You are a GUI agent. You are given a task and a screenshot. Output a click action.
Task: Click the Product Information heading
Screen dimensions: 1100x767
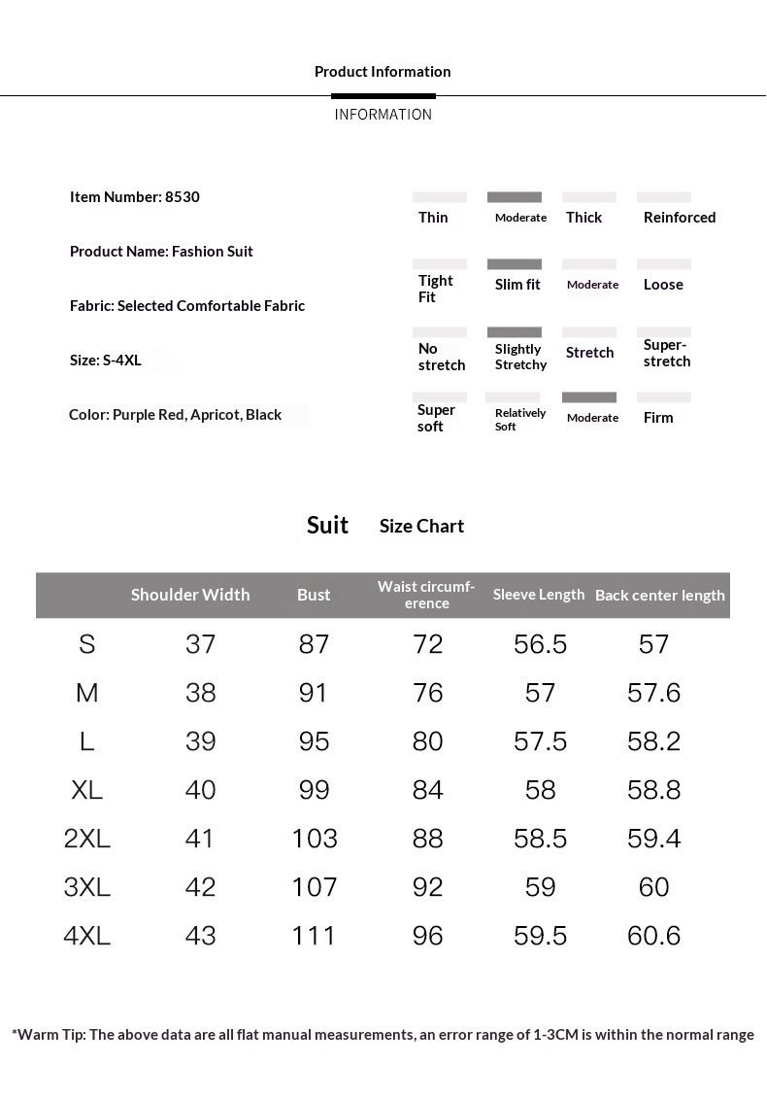(383, 72)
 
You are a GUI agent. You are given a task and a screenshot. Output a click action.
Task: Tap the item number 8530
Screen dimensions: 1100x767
(183, 197)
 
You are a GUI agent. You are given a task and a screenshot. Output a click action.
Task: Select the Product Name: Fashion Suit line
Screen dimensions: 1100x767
(161, 252)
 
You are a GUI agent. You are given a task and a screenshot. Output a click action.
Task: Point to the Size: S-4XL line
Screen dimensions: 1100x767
(106, 361)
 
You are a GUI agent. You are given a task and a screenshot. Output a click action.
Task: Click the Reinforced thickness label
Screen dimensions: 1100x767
(679, 218)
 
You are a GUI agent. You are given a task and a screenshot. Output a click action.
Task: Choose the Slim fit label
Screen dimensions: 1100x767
(517, 285)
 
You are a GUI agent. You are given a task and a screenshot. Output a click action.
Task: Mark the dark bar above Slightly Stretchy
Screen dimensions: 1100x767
(515, 332)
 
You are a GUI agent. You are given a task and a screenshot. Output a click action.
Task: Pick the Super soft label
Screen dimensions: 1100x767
(436, 418)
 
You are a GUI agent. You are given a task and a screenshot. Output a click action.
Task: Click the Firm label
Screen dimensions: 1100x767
(658, 418)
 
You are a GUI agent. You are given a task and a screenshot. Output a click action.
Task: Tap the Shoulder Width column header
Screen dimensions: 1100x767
(190, 595)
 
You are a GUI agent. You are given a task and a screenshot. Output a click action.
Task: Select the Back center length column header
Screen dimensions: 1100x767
(660, 596)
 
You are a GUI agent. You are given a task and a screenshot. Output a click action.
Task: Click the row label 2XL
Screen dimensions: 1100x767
(87, 839)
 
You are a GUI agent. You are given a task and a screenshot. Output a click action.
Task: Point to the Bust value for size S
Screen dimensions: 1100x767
(315, 644)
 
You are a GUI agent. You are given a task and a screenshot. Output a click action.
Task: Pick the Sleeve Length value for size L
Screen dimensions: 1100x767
(540, 741)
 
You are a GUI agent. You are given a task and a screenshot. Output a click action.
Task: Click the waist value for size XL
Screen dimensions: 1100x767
(428, 790)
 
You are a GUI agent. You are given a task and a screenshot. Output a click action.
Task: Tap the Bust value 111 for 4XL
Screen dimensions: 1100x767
(315, 936)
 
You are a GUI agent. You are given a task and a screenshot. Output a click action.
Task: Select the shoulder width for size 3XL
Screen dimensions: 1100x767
(200, 887)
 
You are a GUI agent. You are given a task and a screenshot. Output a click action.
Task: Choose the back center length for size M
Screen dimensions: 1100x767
(654, 693)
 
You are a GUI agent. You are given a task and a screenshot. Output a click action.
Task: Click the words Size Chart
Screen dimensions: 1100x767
(421, 527)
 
